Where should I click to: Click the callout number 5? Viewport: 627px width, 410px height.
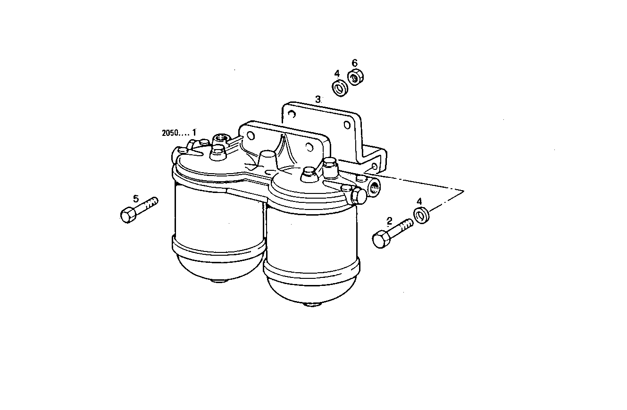pyautogui.click(x=136, y=199)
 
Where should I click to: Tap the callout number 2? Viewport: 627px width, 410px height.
pyautogui.click(x=389, y=220)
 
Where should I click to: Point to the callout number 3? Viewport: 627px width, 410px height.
pyautogui.click(x=318, y=99)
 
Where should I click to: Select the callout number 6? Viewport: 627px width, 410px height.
pyautogui.click(x=355, y=63)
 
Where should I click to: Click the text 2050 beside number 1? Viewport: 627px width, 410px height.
pyautogui.click(x=169, y=133)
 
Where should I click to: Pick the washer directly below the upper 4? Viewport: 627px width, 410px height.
pyautogui.click(x=339, y=88)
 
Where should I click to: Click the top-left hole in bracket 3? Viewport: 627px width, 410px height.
pyautogui.click(x=292, y=114)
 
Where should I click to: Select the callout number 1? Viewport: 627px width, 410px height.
pyautogui.click(x=193, y=132)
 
